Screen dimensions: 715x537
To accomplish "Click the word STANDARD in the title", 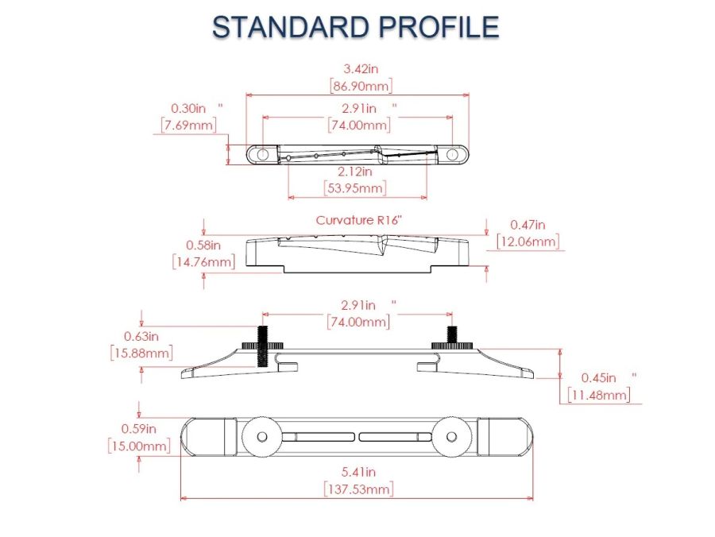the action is pyautogui.click(x=290, y=26).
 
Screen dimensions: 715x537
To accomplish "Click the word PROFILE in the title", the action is pyautogui.click(x=439, y=26).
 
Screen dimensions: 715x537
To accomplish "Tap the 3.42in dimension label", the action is pyautogui.click(x=361, y=69).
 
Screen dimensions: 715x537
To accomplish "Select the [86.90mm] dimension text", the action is pyautogui.click(x=361, y=86).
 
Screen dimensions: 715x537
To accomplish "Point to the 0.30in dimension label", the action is pyautogui.click(x=188, y=109).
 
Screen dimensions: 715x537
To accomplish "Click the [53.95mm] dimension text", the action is pyautogui.click(x=355, y=187).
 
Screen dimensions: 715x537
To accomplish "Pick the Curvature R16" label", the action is pyautogui.click(x=360, y=220).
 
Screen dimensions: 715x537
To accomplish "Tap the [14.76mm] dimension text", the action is pyautogui.click(x=204, y=262).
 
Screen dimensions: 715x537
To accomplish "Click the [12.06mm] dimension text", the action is pyautogui.click(x=528, y=241).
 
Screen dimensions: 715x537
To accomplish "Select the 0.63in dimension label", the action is pyautogui.click(x=141, y=337).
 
